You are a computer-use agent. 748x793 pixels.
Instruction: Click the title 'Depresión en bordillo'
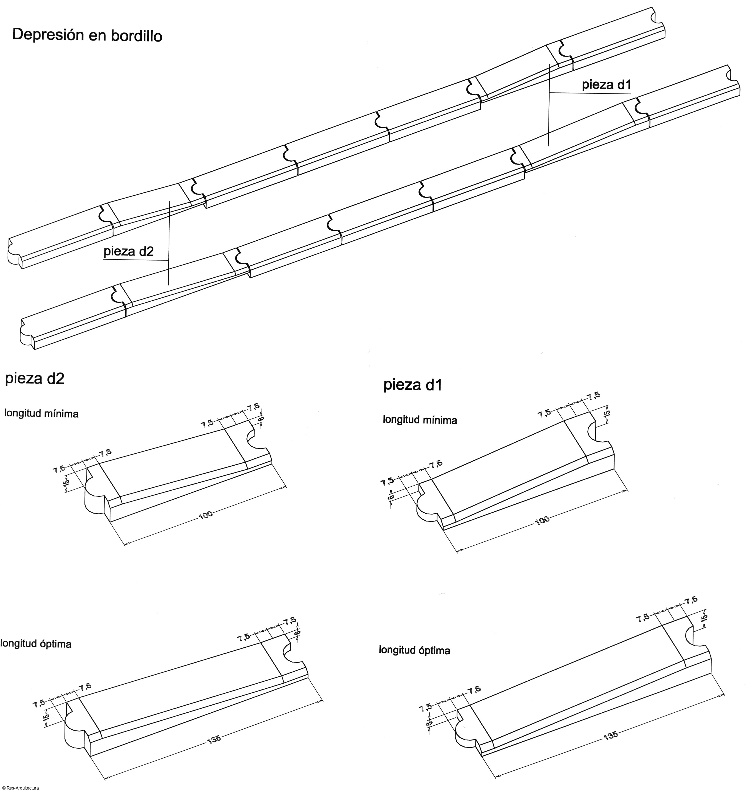87,35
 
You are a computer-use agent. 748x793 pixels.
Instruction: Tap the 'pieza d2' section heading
34,378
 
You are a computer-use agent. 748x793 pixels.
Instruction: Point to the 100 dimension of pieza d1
542,520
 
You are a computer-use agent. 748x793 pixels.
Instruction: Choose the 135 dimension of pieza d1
611,735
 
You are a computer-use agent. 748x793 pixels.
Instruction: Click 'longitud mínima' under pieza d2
41,413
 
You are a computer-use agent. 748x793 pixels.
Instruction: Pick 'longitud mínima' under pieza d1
420,420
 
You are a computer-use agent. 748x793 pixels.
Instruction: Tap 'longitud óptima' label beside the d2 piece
36,644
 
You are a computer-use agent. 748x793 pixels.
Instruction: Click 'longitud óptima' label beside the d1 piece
414,650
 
